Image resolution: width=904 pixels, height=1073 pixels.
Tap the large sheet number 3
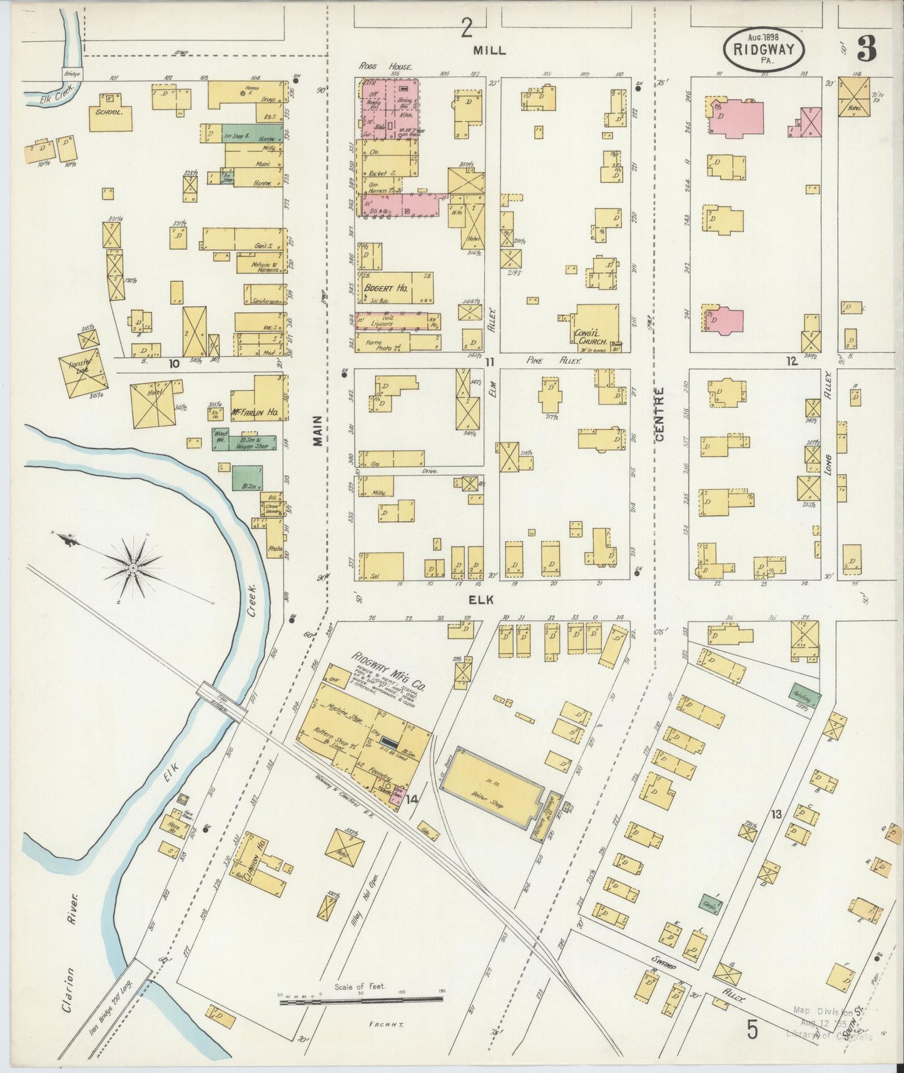point(866,48)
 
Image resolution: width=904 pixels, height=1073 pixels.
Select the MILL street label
point(489,50)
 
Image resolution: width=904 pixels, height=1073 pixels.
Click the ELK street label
point(482,600)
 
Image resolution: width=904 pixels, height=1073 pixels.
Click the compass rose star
point(133,568)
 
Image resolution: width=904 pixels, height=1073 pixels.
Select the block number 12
point(792,361)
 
